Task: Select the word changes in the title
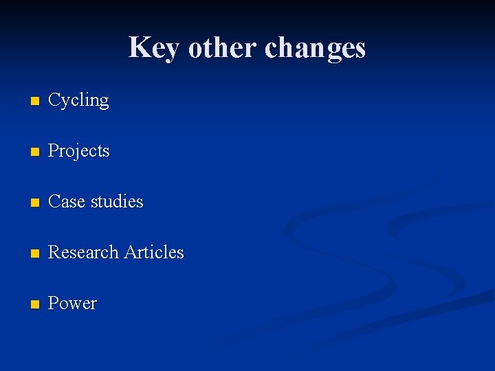point(315,48)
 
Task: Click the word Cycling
point(78,101)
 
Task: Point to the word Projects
point(78,151)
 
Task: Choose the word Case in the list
point(66,201)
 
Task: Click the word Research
point(84,252)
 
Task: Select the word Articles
point(154,252)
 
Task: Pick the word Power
point(72,303)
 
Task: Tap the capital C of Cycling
point(54,100)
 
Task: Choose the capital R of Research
point(54,252)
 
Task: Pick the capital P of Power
point(53,303)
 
